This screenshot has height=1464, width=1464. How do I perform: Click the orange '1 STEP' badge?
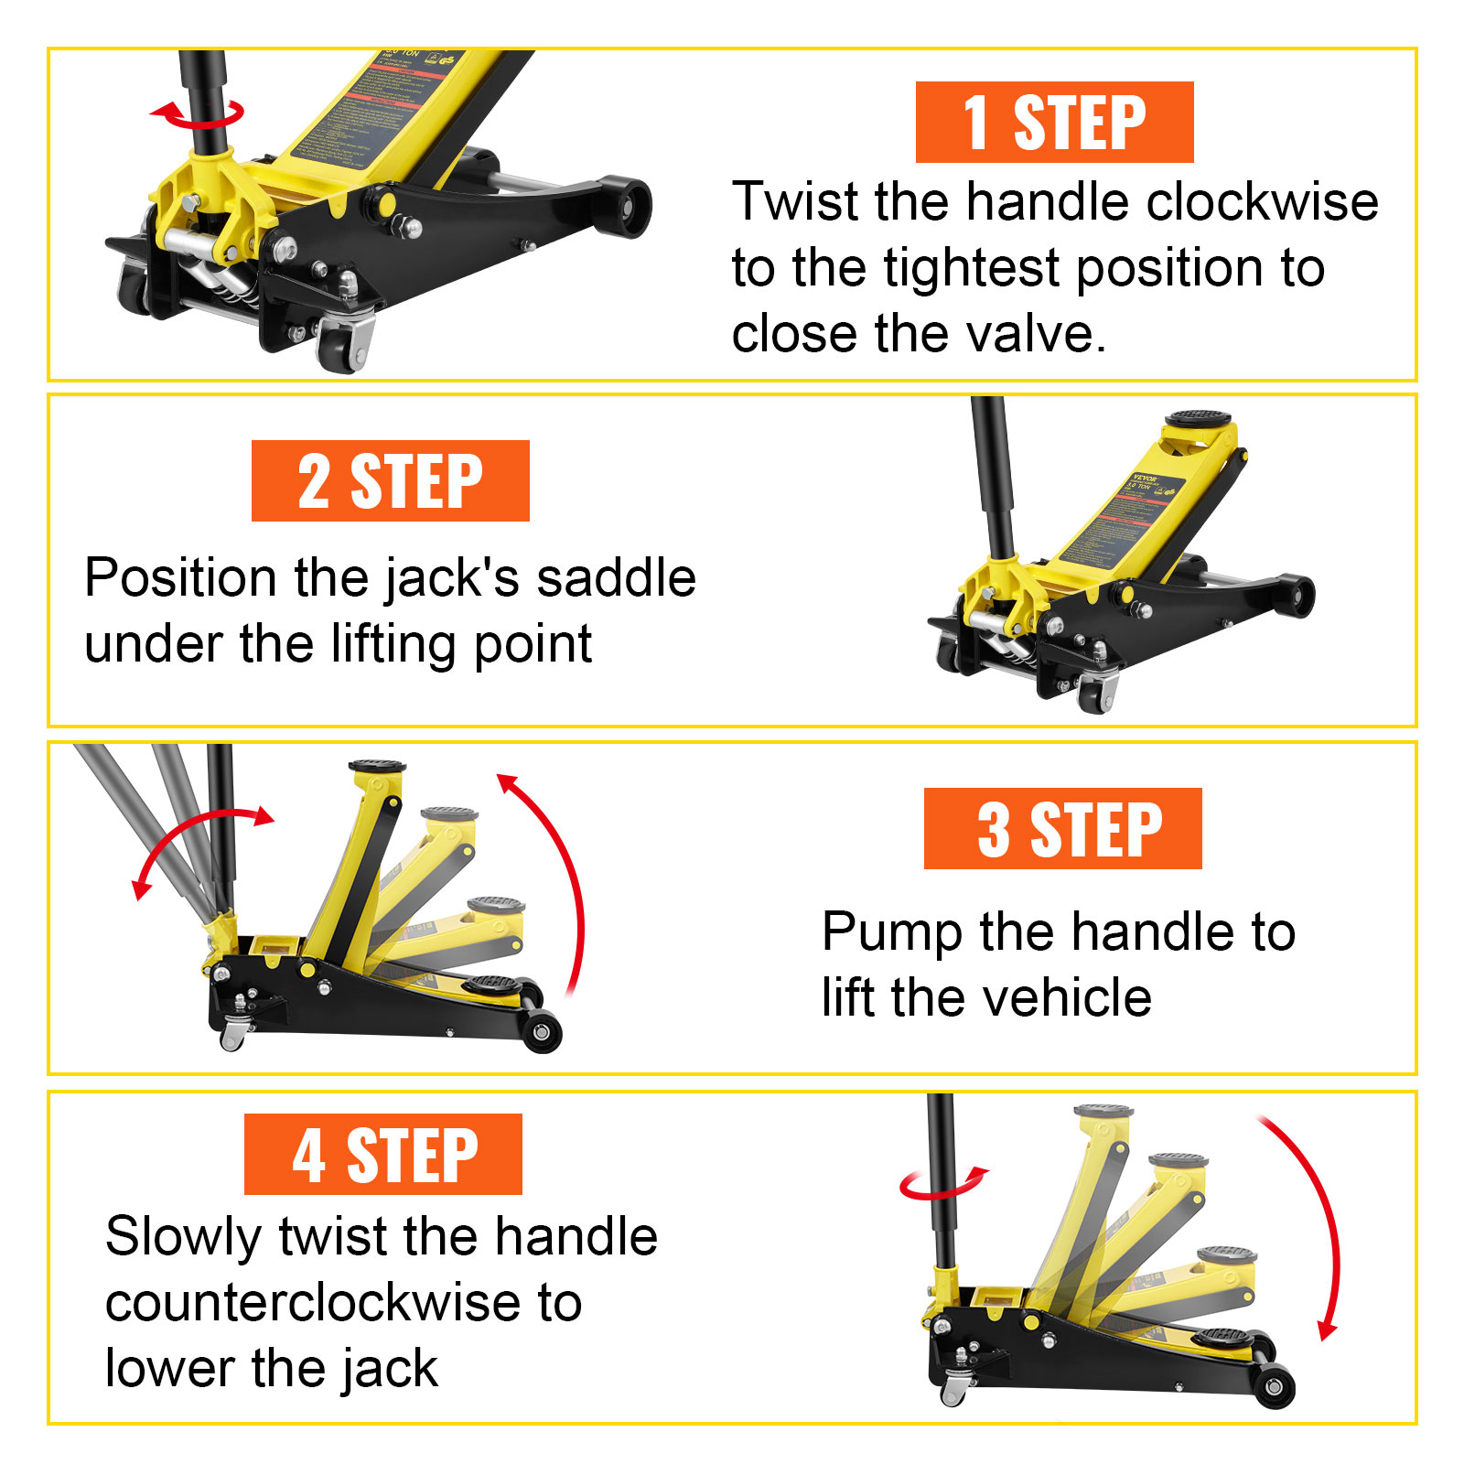point(1054,123)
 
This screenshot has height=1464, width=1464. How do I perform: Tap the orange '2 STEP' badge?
point(391,481)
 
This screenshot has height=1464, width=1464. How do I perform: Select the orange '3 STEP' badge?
point(1062,829)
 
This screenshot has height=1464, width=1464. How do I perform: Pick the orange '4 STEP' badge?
point(383,1155)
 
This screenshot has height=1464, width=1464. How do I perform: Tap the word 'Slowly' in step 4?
point(184,1237)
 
